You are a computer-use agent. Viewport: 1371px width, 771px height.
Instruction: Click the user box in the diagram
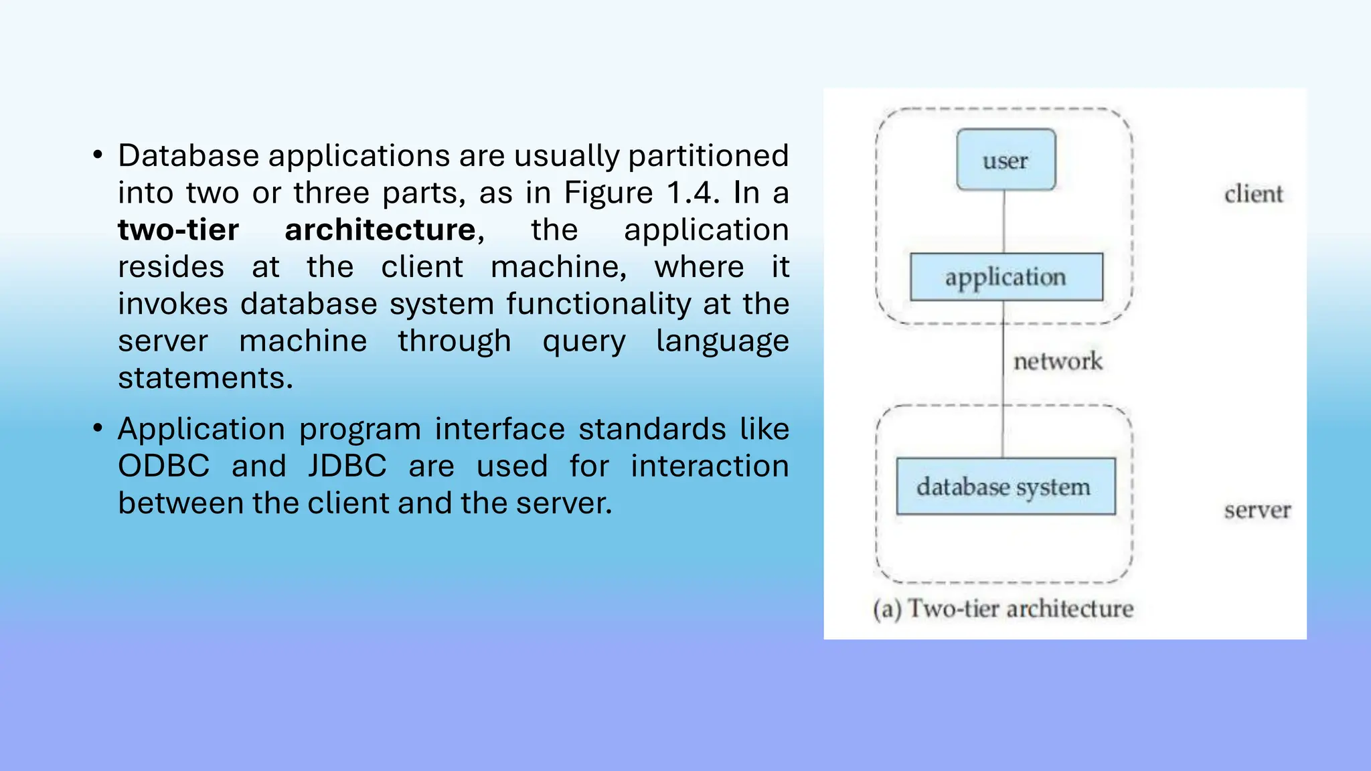click(x=1005, y=160)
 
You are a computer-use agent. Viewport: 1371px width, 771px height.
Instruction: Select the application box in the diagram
click(x=1005, y=277)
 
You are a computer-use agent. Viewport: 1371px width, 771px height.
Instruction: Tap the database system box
click(x=1005, y=487)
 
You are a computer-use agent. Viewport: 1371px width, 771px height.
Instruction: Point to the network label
click(x=1057, y=361)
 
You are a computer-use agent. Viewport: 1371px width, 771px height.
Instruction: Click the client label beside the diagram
click(x=1253, y=194)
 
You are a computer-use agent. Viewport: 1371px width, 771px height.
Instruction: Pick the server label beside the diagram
click(x=1257, y=510)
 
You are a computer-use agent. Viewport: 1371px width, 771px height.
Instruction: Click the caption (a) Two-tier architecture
click(x=1003, y=608)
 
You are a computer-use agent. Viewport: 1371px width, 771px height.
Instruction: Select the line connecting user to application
click(x=1003, y=222)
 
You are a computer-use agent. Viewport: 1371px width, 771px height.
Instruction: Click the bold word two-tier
click(x=178, y=230)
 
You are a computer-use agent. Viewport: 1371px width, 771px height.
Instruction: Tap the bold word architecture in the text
click(x=380, y=230)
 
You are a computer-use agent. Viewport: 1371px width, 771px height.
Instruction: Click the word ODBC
click(x=164, y=466)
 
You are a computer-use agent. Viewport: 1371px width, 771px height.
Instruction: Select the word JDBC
click(x=347, y=466)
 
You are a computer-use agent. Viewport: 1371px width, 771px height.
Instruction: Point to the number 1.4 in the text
click(x=693, y=193)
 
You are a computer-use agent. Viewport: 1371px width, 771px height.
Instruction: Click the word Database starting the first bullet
click(x=189, y=156)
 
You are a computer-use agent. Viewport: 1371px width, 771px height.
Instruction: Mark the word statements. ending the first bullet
click(x=206, y=378)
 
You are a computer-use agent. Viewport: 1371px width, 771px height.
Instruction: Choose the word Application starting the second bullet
click(x=201, y=429)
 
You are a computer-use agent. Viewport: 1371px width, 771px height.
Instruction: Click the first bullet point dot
click(x=98, y=155)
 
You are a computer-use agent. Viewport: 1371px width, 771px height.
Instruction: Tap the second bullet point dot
click(x=98, y=428)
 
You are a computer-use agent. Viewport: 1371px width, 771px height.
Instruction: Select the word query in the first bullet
click(x=584, y=342)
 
